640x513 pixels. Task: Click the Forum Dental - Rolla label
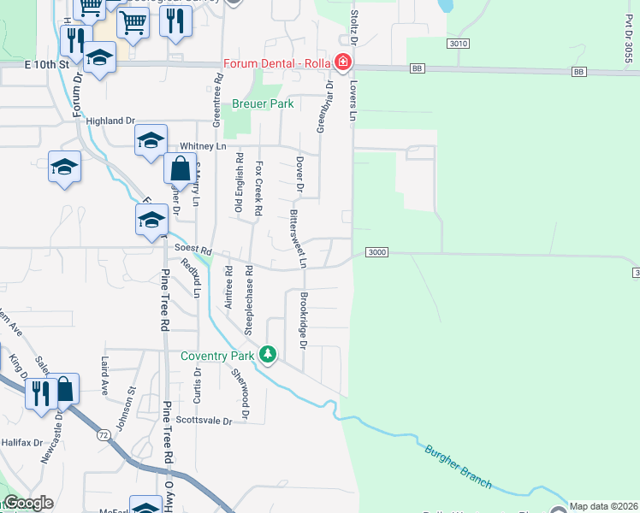coord(277,62)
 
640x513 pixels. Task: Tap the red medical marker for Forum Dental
coord(343,62)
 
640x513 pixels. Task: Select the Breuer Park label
coord(263,104)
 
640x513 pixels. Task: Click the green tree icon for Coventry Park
coord(269,354)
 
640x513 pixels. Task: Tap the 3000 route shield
coord(377,252)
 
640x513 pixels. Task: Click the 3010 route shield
coord(459,44)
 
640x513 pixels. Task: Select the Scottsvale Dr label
coord(204,421)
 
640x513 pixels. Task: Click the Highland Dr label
coord(115,121)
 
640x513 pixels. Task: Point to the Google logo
coord(28,503)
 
